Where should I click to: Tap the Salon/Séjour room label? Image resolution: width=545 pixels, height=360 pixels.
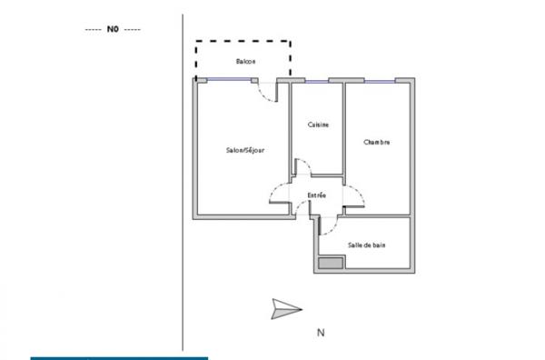click(x=244, y=151)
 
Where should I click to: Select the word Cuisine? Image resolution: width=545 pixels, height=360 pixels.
click(x=318, y=125)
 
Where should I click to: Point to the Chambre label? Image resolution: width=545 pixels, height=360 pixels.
click(x=377, y=142)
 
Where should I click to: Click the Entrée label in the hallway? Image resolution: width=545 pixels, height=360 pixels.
click(x=317, y=195)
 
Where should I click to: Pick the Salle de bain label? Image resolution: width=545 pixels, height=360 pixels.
click(x=365, y=245)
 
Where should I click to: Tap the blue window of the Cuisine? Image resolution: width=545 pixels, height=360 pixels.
click(x=317, y=82)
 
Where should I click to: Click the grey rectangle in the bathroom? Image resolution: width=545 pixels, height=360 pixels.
click(x=331, y=264)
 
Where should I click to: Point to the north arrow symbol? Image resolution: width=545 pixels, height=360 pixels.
click(x=286, y=308)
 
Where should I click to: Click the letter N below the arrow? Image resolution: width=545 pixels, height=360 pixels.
click(x=321, y=333)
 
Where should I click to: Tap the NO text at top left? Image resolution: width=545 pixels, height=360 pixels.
click(x=114, y=29)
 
